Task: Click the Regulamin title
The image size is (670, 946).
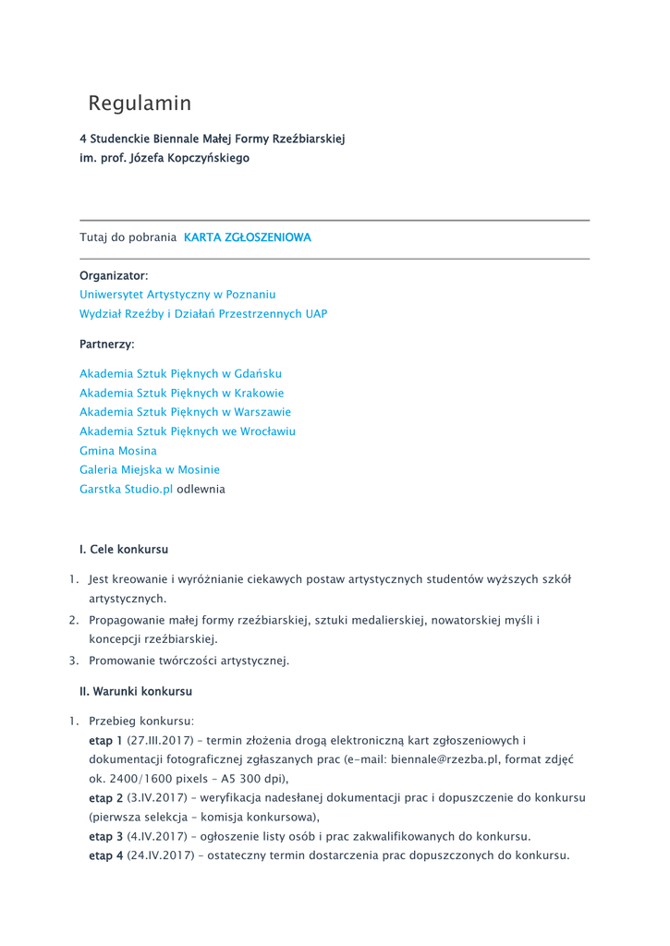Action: (140, 103)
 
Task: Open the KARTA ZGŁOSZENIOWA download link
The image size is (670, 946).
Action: (248, 237)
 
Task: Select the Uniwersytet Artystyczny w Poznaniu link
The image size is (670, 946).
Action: (177, 294)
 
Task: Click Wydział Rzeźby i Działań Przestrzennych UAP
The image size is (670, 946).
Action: (203, 313)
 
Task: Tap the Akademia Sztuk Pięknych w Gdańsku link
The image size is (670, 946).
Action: (180, 373)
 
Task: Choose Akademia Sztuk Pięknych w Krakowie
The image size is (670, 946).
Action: (182, 393)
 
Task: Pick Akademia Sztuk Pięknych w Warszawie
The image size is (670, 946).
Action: (185, 412)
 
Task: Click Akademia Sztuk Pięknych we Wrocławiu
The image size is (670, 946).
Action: (188, 431)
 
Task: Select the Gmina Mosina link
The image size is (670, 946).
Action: (118, 451)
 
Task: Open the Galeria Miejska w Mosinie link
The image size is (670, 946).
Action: (150, 469)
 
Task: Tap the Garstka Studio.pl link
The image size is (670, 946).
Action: (126, 489)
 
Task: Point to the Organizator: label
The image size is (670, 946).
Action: (114, 275)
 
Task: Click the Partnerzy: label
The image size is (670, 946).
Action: (107, 344)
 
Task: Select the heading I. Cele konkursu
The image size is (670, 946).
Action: (124, 549)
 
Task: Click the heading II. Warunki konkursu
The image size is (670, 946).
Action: (136, 691)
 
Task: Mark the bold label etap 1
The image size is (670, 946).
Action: (105, 740)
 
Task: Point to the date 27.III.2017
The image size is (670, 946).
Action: (162, 740)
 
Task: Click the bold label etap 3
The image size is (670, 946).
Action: (105, 836)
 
